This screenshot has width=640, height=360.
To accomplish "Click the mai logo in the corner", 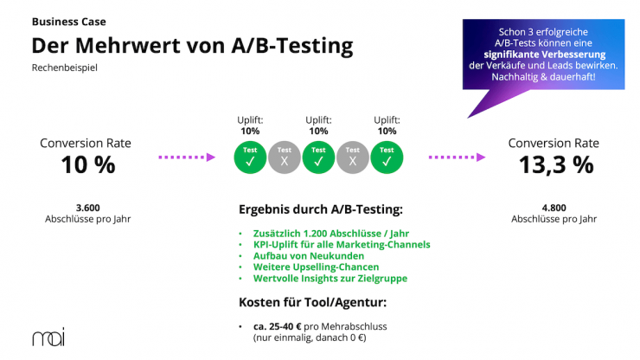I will coord(48,337).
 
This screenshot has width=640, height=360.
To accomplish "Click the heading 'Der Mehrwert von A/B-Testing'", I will coord(192,44).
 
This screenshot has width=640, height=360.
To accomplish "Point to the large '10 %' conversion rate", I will coord(87,164).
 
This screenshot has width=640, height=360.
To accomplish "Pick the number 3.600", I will coord(87,208).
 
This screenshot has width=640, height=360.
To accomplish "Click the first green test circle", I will coord(251,157).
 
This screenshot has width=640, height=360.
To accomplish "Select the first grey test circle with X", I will coord(285,157).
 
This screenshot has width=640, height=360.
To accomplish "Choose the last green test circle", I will coord(387,157).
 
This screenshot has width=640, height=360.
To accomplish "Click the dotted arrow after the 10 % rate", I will coord(186,157).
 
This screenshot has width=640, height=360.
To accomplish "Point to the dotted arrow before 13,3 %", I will coord(458,157).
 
